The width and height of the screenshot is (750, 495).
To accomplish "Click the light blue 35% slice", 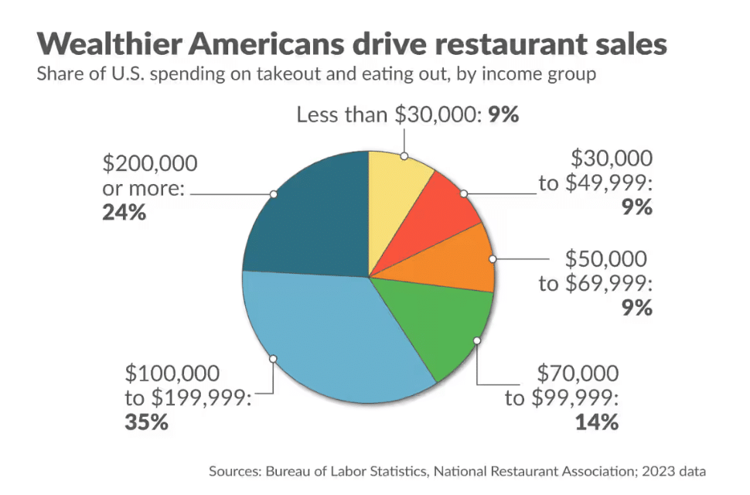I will [325, 340].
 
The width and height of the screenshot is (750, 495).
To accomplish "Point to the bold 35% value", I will [146, 422].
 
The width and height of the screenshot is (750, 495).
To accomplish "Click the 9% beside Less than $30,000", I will [503, 116].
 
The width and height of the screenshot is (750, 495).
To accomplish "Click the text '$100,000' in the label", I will [172, 374].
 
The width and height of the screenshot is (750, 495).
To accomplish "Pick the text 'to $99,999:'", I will [562, 398].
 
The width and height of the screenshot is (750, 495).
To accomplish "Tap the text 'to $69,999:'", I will [595, 283].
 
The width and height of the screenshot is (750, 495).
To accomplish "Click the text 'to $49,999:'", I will [595, 183].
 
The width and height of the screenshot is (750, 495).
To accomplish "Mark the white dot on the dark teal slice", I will [273, 194].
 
